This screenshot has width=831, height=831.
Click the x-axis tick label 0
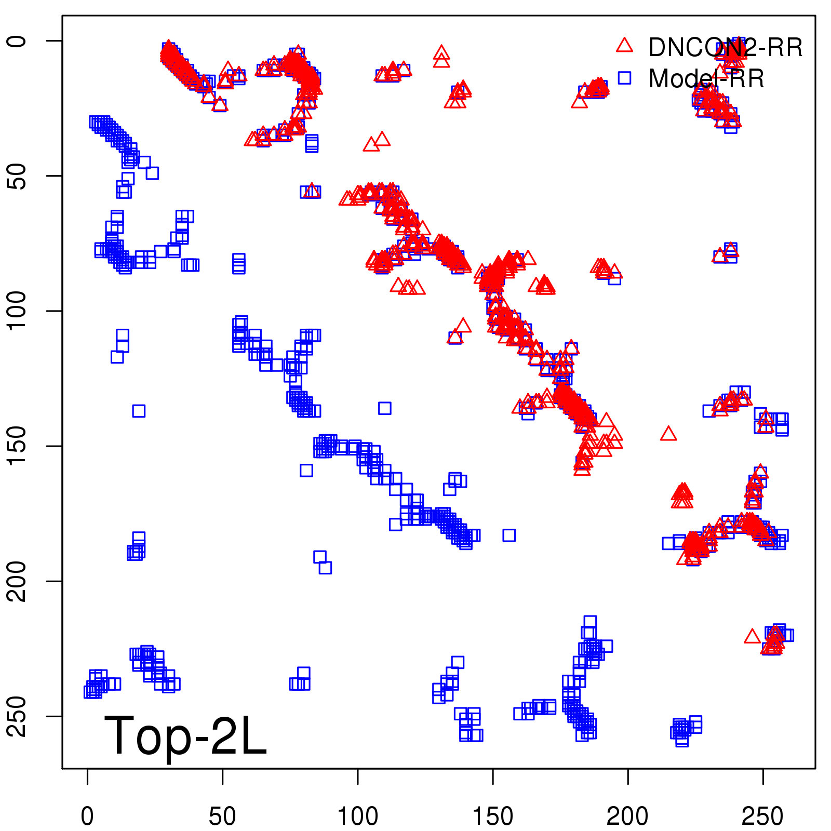coord(87,816)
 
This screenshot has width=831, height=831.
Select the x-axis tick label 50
coord(222,816)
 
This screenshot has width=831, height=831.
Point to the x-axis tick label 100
coord(357,816)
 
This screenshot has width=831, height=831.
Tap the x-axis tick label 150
coord(492,816)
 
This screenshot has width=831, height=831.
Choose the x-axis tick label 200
coord(627,816)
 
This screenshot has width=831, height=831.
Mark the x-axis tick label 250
coord(762,816)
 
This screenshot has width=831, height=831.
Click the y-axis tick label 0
coord(17,41)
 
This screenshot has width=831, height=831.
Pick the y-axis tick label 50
coord(17,176)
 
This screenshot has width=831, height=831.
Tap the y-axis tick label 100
coord(17,311)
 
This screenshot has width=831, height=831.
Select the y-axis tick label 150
coord(17,446)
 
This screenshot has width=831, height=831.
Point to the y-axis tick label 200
coord(17,581)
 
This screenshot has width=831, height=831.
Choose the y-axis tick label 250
coord(17,716)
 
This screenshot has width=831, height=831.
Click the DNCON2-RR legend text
coord(725,48)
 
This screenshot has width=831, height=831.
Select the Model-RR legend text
coord(706,79)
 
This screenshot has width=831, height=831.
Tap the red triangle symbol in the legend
coord(624,46)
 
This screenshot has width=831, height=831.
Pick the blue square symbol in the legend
coord(624,78)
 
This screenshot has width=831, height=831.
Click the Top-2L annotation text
coord(185,735)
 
